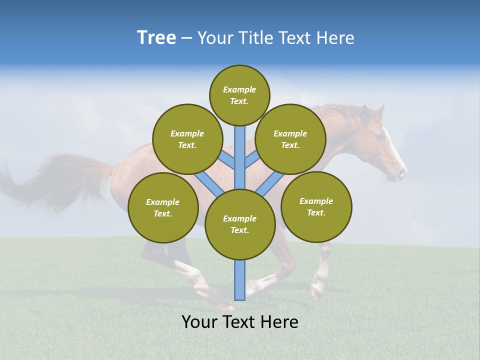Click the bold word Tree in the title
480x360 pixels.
(156, 37)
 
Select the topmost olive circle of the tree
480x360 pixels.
(239, 95)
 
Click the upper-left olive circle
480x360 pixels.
(187, 139)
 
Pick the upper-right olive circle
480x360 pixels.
(290, 139)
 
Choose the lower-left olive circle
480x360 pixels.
(163, 207)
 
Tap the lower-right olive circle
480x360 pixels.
(316, 206)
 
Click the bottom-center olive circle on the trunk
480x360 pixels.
(240, 224)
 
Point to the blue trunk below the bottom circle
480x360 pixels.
(240, 280)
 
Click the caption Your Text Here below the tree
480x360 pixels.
(240, 322)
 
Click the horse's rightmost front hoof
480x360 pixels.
(316, 293)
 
